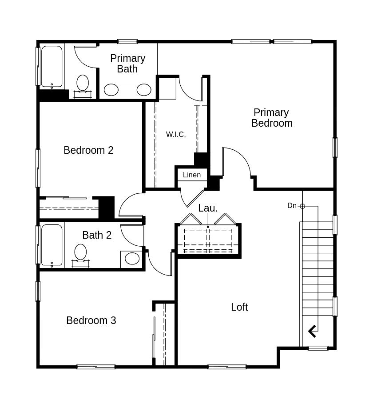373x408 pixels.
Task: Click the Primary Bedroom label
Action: point(272,118)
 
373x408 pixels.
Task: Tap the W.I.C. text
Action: point(176,134)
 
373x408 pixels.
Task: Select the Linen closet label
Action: point(192,175)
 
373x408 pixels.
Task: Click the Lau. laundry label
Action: point(208,208)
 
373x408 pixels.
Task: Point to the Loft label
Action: point(239,307)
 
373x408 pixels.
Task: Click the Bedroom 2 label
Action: point(88,150)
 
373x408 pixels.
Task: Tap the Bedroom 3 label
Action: point(91,320)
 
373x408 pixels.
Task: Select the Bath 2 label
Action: point(97,235)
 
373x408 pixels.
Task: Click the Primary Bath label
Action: point(127,64)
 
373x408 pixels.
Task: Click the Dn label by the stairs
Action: point(292,205)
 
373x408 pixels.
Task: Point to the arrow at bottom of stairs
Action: point(312,331)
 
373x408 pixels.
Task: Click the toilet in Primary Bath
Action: point(83,83)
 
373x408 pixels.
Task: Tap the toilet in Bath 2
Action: point(80,252)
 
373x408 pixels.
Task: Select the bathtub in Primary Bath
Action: point(52,67)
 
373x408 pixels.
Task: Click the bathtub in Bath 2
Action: point(52,245)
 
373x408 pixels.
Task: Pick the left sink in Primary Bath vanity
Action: point(111,90)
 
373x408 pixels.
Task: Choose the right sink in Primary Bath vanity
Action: point(144,90)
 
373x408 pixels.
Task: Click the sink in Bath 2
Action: point(132,258)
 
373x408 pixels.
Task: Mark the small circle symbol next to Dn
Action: point(302,206)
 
